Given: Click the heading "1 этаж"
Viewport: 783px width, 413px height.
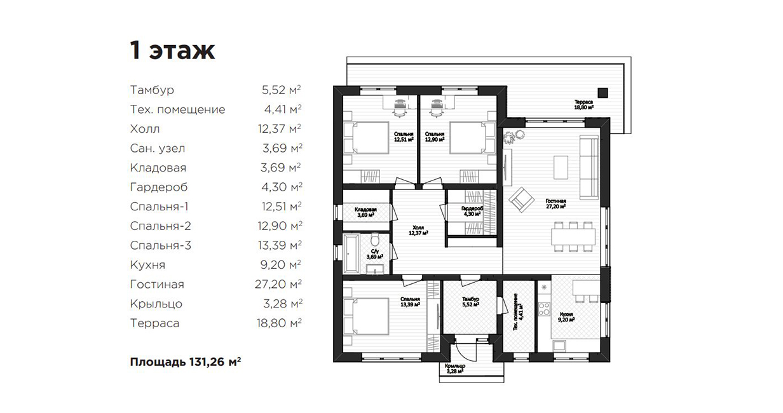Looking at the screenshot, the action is tap(172, 51).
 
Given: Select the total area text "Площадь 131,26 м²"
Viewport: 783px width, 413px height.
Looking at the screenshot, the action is tap(186, 362).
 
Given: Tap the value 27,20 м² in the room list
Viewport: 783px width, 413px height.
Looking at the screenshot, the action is tap(278, 284).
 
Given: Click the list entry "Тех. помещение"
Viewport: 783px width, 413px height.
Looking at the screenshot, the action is tap(177, 109).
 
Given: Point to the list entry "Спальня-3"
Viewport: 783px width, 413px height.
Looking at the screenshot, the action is tap(160, 245).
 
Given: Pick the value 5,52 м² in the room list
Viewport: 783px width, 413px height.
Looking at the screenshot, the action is tap(281, 90).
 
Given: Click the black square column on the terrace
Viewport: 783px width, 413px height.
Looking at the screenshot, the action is tap(603, 93).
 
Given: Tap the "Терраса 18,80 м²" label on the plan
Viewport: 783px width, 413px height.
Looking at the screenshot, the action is tap(583, 105).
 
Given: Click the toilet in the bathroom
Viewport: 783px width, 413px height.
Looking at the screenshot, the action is tap(375, 240).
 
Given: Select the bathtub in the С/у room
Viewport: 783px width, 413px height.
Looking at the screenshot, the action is tap(351, 254).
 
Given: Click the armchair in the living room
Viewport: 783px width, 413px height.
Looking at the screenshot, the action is tap(522, 200).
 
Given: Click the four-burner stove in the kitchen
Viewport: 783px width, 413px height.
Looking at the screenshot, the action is tap(544, 309).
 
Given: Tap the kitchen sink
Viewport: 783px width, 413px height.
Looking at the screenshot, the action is tap(559, 345).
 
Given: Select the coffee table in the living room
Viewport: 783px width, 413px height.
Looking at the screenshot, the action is tap(561, 167).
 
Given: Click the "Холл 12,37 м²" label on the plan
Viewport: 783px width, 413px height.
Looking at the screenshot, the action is tap(418, 230).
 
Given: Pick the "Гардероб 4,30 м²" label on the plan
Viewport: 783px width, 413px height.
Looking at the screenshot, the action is tap(472, 211).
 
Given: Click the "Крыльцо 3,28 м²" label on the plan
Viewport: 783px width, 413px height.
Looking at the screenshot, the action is tap(455, 369).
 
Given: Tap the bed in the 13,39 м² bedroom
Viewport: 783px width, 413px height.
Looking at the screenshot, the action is tap(366, 316).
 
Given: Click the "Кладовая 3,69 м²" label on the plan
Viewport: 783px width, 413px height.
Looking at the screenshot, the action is tap(365, 212).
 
